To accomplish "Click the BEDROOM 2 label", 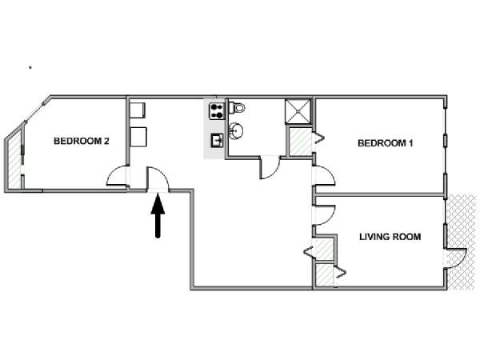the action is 82,141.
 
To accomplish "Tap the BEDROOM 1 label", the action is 386,143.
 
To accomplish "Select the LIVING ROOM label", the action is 390,237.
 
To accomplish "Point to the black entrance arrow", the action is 158,216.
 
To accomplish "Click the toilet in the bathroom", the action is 237,108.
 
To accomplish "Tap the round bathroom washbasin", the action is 236,131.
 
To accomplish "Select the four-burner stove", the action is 217,111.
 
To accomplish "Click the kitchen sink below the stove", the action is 218,141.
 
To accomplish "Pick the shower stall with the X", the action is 298,111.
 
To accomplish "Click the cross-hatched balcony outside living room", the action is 462,242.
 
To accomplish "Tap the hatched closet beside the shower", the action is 300,142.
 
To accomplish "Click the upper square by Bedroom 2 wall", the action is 138,110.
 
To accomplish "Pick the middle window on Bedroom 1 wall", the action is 446,140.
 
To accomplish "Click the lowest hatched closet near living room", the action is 325,275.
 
